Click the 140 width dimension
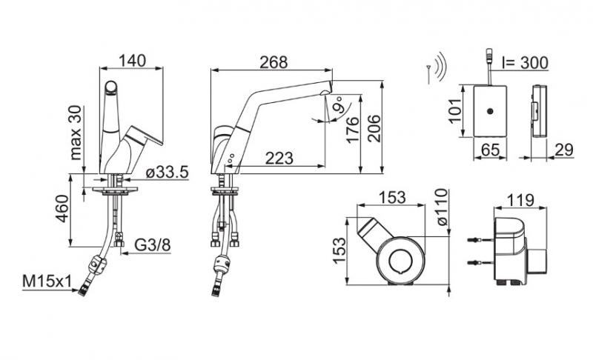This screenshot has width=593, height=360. pyautogui.click(x=132, y=61)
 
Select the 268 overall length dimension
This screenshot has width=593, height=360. pyautogui.click(x=274, y=62)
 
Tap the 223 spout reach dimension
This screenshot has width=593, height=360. pyautogui.click(x=279, y=159)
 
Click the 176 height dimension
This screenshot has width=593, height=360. pyautogui.click(x=353, y=130)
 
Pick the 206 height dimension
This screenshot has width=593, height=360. pyautogui.click(x=374, y=128)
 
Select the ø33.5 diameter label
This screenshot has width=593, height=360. pyautogui.click(x=167, y=173)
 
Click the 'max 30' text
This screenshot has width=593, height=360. pyautogui.click(x=76, y=132)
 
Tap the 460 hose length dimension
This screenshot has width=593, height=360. pyautogui.click(x=62, y=209)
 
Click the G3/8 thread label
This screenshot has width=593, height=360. pyautogui.click(x=153, y=245)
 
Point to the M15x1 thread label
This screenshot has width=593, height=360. pyautogui.click(x=47, y=281)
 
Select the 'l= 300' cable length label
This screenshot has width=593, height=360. pyautogui.click(x=525, y=63)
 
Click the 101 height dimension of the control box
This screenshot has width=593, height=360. pyautogui.click(x=456, y=110)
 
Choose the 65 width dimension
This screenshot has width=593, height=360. pyautogui.click(x=490, y=150)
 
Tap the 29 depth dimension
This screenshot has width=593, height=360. pyautogui.click(x=564, y=150)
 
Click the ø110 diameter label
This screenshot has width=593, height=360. pyautogui.click(x=441, y=207)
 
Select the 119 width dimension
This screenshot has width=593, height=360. pyautogui.click(x=520, y=200)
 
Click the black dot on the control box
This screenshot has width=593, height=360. pyautogui.click(x=491, y=111)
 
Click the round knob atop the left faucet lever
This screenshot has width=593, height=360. pyautogui.click(x=111, y=87)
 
